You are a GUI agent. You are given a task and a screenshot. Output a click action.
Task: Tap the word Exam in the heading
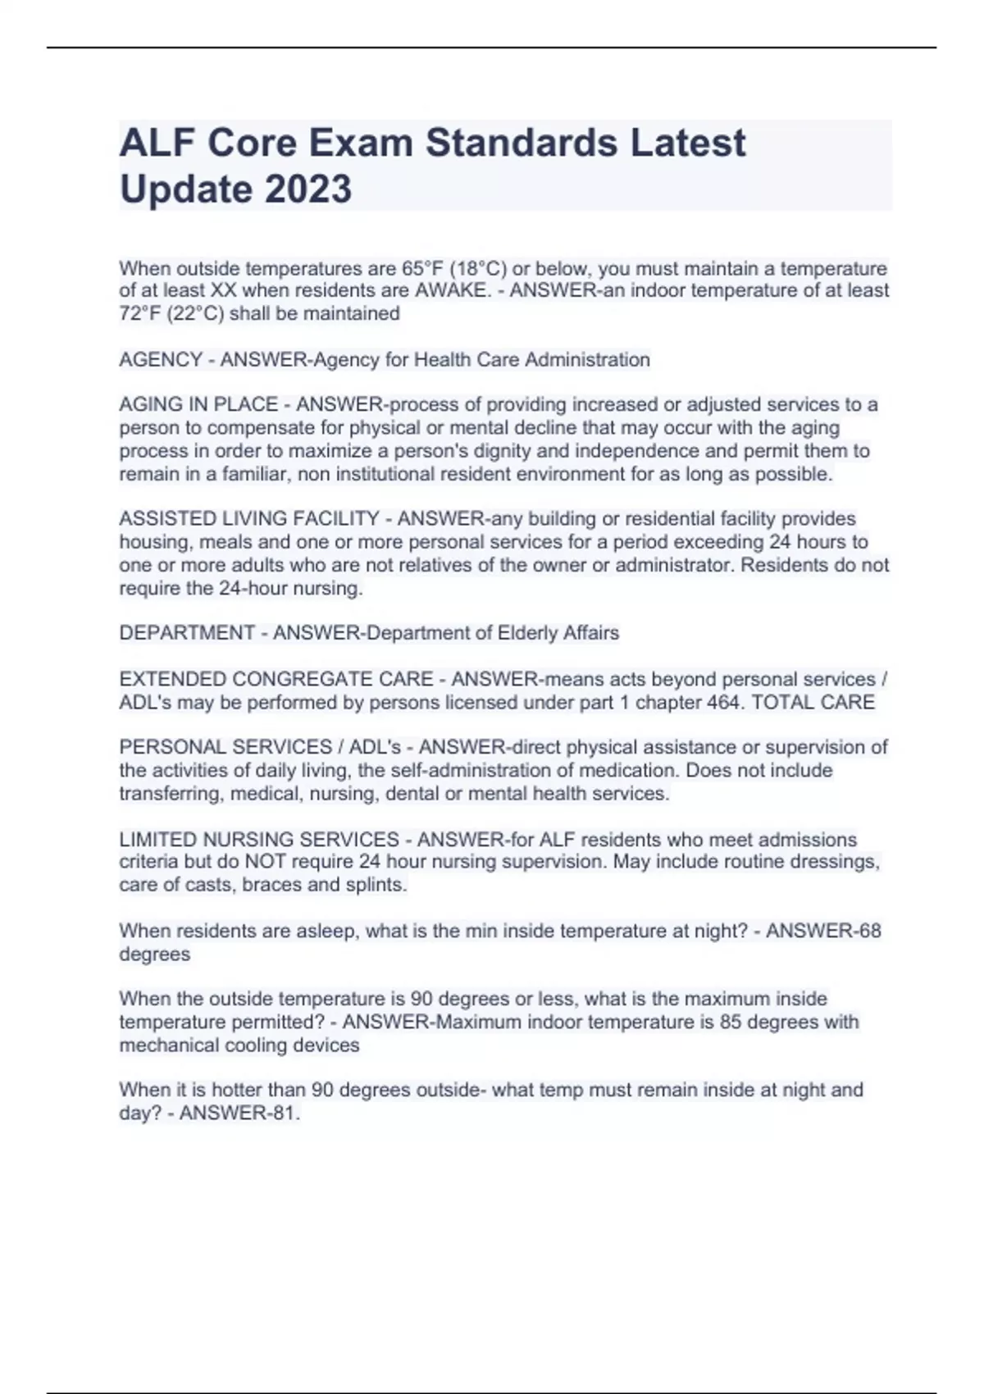point(361,143)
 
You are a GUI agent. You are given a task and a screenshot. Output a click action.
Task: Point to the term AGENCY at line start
point(161,360)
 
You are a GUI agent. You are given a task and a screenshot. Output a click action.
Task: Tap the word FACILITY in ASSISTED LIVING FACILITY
point(336,519)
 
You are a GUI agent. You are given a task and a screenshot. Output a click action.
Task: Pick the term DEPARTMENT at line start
point(187,633)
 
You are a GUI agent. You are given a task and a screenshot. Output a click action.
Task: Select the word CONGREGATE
point(332,680)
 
